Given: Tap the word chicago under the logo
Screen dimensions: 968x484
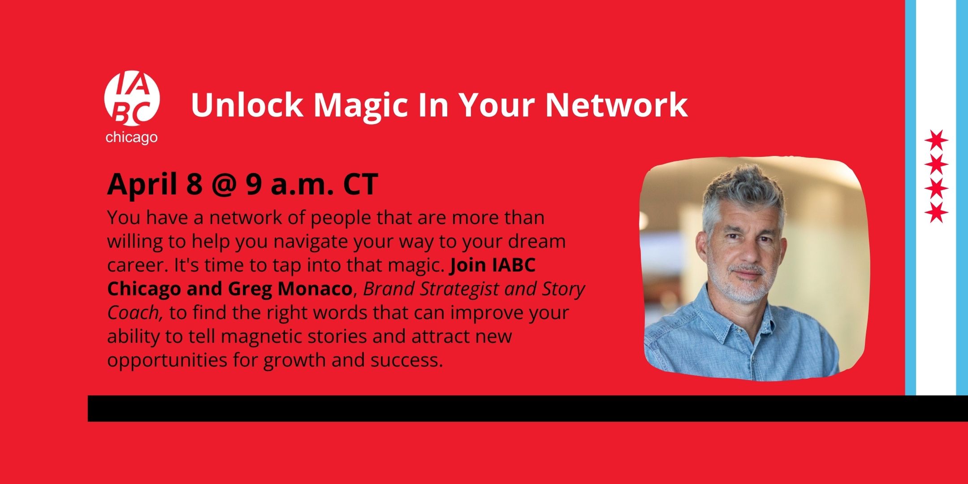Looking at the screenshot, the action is [132, 137].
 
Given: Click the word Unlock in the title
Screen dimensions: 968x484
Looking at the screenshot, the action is [247, 104].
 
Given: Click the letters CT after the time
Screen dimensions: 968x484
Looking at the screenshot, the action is [361, 184].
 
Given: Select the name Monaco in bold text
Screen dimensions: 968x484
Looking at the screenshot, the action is [315, 289].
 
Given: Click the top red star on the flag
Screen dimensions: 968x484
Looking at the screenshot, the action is [936, 141].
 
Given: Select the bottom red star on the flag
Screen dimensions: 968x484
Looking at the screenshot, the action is [936, 212].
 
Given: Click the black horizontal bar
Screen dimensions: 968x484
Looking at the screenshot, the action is [528, 408].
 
